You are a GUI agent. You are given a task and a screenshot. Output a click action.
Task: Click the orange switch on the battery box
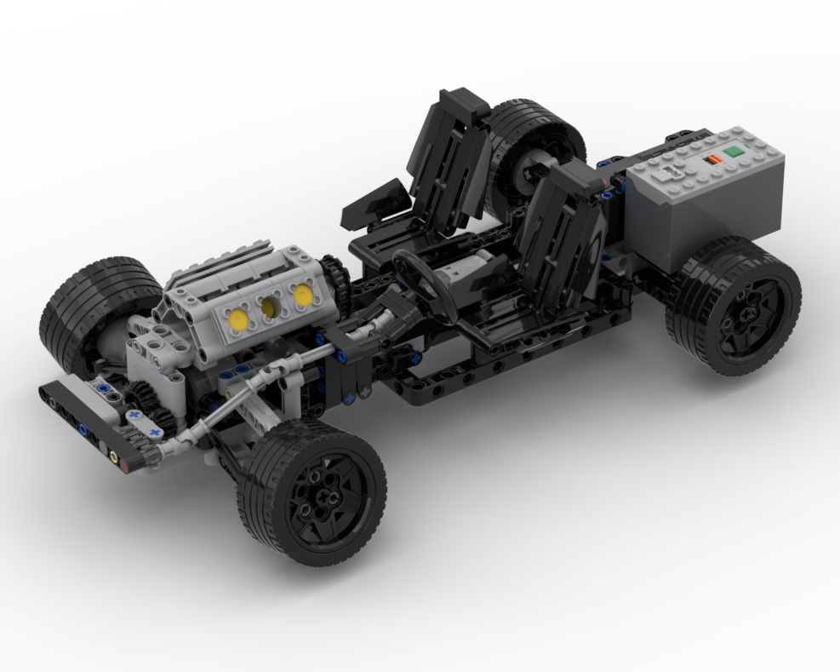pos(713,158)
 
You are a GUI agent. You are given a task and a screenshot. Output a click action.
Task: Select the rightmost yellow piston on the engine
pos(302,296)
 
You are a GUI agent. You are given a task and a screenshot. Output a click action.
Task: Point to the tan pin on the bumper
pos(114,457)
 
